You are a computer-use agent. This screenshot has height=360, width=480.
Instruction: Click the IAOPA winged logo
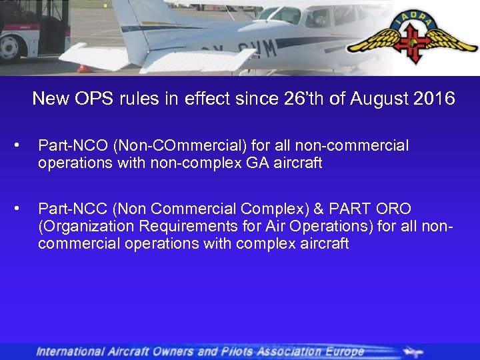[x=413, y=39]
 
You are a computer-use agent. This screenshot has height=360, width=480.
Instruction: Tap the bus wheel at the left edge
[x=11, y=48]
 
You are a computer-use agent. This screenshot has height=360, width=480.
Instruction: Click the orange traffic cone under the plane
[x=83, y=68]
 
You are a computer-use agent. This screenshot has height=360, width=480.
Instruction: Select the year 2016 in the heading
[x=434, y=99]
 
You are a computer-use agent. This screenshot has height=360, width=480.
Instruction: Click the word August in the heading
[x=374, y=99]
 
